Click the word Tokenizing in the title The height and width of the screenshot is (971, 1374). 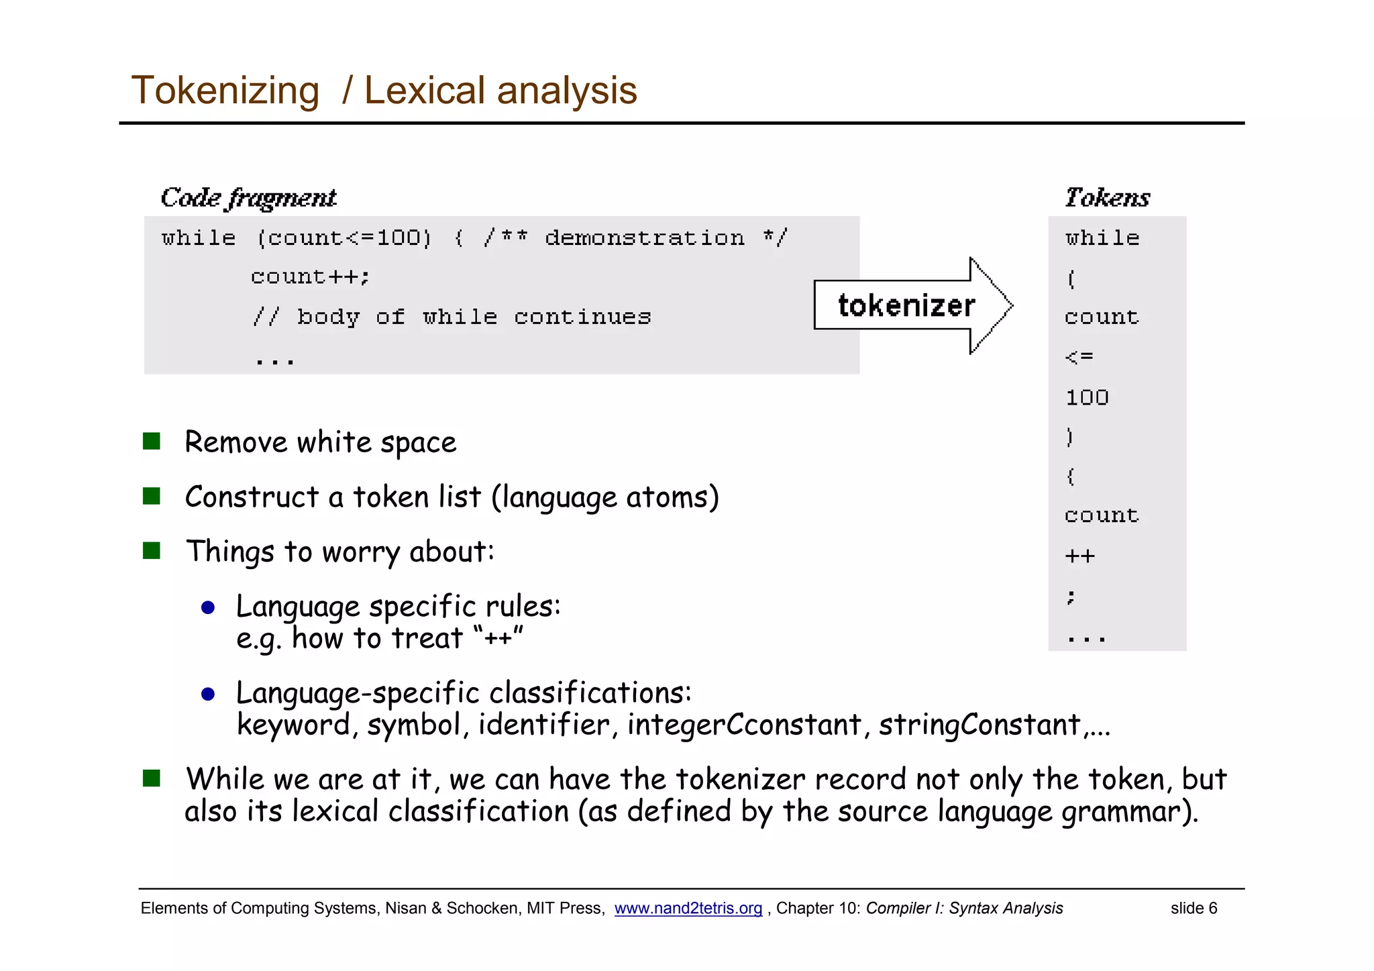(x=225, y=91)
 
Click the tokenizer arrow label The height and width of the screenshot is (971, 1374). (x=906, y=306)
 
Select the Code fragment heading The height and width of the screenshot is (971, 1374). (x=248, y=198)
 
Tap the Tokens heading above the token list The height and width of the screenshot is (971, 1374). (x=1107, y=198)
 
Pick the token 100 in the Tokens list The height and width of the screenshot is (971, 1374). (x=1087, y=397)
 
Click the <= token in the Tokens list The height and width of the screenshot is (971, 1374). (x=1079, y=357)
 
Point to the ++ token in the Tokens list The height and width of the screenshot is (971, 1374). (x=1079, y=556)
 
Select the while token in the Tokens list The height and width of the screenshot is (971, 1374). (x=1102, y=238)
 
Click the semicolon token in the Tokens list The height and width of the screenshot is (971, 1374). (x=1071, y=596)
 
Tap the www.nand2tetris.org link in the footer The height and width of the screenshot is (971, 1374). (x=688, y=908)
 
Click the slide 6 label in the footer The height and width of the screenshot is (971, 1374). (x=1194, y=908)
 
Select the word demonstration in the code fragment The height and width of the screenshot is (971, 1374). (x=644, y=238)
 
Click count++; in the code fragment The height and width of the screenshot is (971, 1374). (x=310, y=277)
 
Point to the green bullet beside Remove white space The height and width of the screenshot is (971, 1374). (x=152, y=442)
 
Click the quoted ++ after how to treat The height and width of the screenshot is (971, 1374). (x=497, y=637)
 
